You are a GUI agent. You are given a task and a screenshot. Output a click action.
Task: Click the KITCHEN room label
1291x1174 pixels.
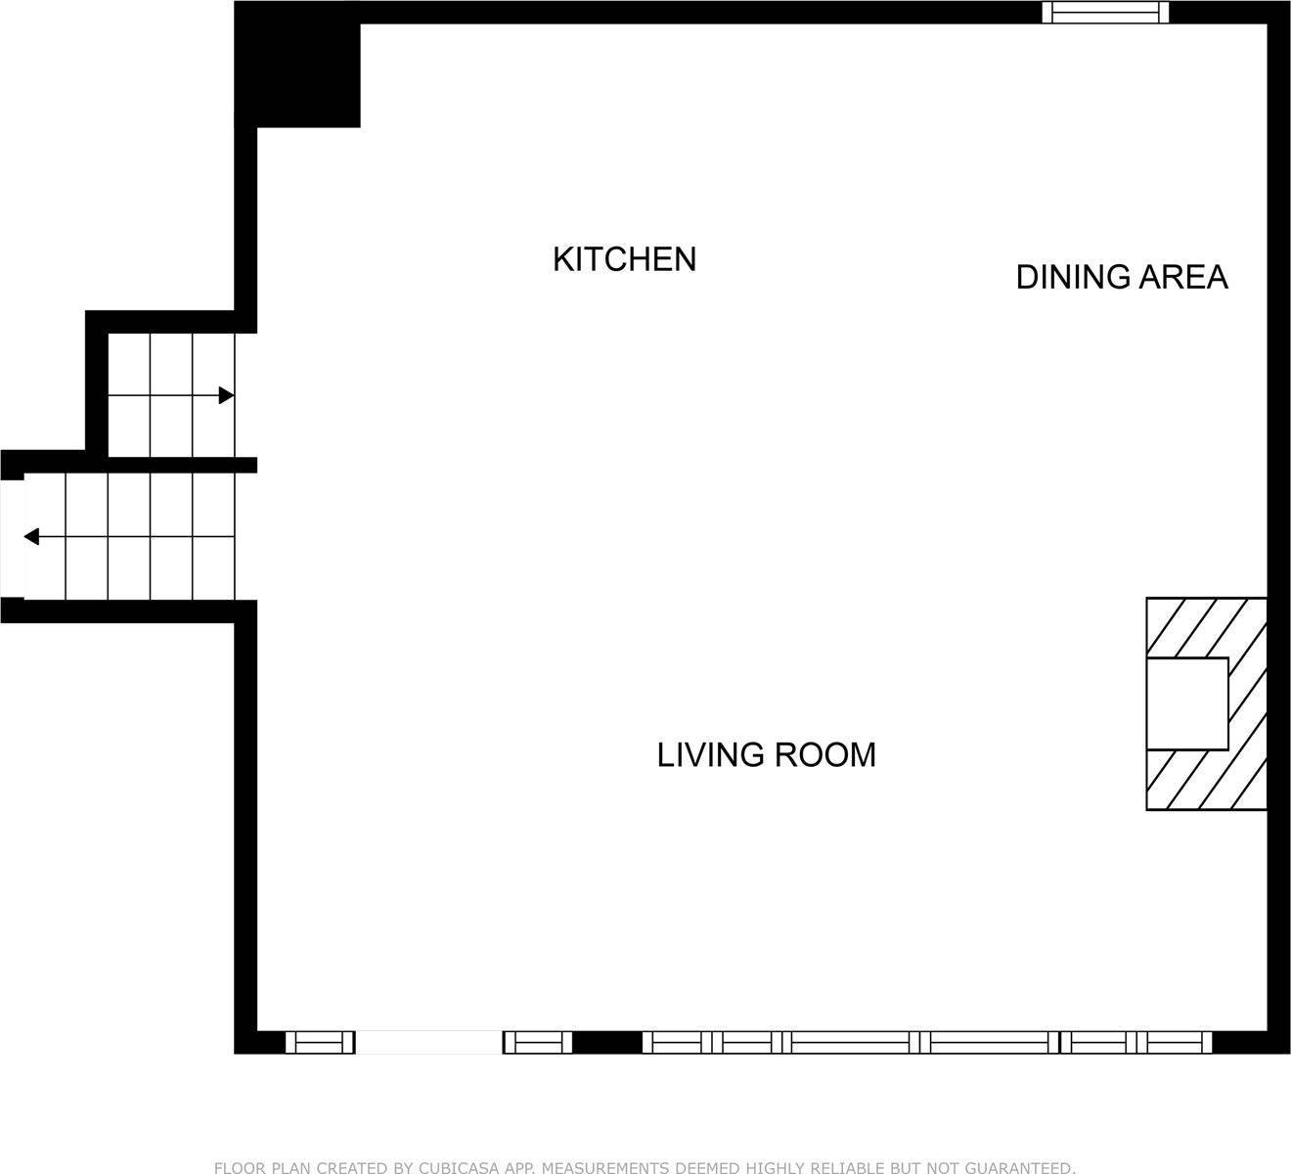(624, 259)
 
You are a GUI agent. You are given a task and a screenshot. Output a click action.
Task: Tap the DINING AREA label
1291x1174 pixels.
(1122, 277)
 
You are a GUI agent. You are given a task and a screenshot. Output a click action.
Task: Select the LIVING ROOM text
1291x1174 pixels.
(766, 754)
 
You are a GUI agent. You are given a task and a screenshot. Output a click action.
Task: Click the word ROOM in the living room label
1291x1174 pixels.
(825, 754)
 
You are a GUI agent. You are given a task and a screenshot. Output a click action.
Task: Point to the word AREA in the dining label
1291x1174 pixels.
(1183, 277)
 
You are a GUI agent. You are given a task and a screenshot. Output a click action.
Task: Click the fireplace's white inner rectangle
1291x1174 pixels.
(1187, 703)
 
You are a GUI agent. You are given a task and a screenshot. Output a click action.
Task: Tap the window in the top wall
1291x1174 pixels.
(1105, 13)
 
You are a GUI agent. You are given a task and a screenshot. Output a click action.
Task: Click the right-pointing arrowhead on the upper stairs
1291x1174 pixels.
(227, 395)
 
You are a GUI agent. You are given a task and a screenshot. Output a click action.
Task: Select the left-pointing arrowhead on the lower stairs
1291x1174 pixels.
(31, 536)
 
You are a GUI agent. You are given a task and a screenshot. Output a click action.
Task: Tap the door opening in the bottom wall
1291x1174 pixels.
(428, 1043)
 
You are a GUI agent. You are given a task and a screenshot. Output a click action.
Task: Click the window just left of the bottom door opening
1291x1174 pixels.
(320, 1043)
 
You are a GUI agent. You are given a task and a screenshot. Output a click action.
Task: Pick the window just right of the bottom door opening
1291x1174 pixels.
(537, 1043)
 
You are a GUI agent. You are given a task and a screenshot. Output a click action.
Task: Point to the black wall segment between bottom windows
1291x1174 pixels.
(607, 1043)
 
